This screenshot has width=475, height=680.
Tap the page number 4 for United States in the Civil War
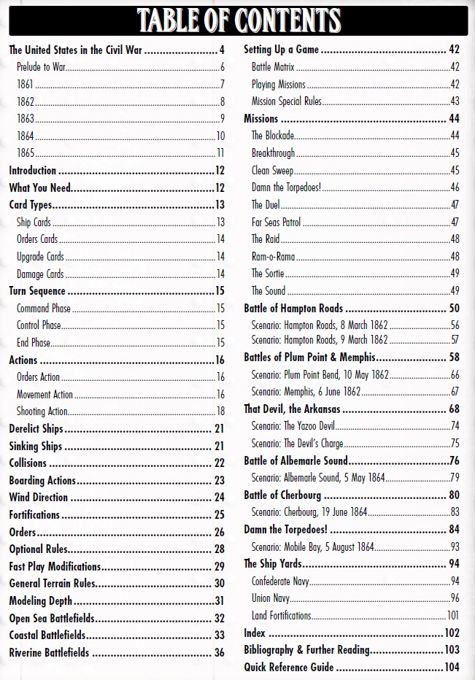point(222,50)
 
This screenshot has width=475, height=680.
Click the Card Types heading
point(30,205)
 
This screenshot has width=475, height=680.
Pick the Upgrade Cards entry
point(40,257)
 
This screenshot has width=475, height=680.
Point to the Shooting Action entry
point(42,412)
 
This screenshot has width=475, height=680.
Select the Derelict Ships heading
point(36,429)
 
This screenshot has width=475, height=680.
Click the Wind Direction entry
point(38,498)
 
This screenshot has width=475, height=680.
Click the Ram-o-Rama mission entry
point(274,256)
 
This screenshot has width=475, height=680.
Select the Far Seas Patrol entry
point(276,222)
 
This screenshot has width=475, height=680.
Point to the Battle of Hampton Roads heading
point(293,309)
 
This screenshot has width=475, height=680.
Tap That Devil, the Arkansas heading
point(290,409)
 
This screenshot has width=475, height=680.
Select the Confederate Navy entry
point(281,582)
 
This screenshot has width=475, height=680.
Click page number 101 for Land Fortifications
point(453,616)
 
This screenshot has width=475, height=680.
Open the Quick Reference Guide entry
point(289,667)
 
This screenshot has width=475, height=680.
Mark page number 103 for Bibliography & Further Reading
point(452,650)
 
